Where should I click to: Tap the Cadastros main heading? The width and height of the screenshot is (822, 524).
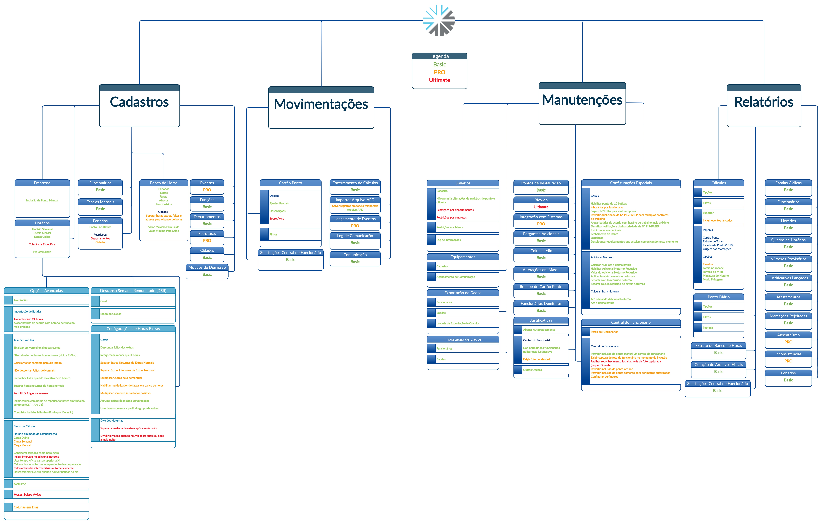click(139, 102)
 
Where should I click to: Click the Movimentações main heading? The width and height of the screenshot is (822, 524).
click(321, 104)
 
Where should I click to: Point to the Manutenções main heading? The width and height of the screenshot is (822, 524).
click(582, 100)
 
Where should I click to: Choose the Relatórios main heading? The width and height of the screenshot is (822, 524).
click(764, 102)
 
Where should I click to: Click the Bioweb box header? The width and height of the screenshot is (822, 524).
click(541, 200)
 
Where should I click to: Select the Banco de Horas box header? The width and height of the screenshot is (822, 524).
click(164, 183)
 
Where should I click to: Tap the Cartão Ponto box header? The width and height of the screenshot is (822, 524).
click(290, 183)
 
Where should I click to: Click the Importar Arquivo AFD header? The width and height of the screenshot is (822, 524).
click(355, 200)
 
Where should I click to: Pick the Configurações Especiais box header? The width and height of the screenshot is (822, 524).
click(630, 183)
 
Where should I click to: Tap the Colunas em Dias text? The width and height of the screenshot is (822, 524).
click(26, 507)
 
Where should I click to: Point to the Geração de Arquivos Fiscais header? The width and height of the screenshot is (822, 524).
click(718, 365)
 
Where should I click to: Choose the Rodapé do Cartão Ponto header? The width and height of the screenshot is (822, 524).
click(541, 287)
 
